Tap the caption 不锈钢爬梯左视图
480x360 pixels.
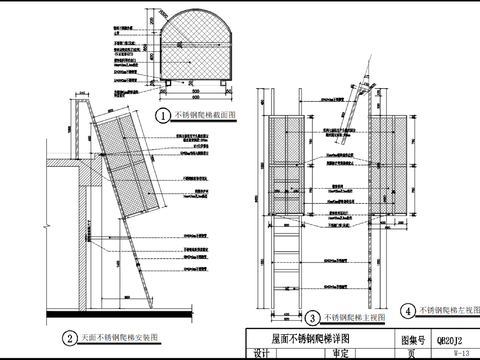[445, 311]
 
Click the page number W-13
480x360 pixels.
[462, 353]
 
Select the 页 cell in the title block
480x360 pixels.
[412, 353]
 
